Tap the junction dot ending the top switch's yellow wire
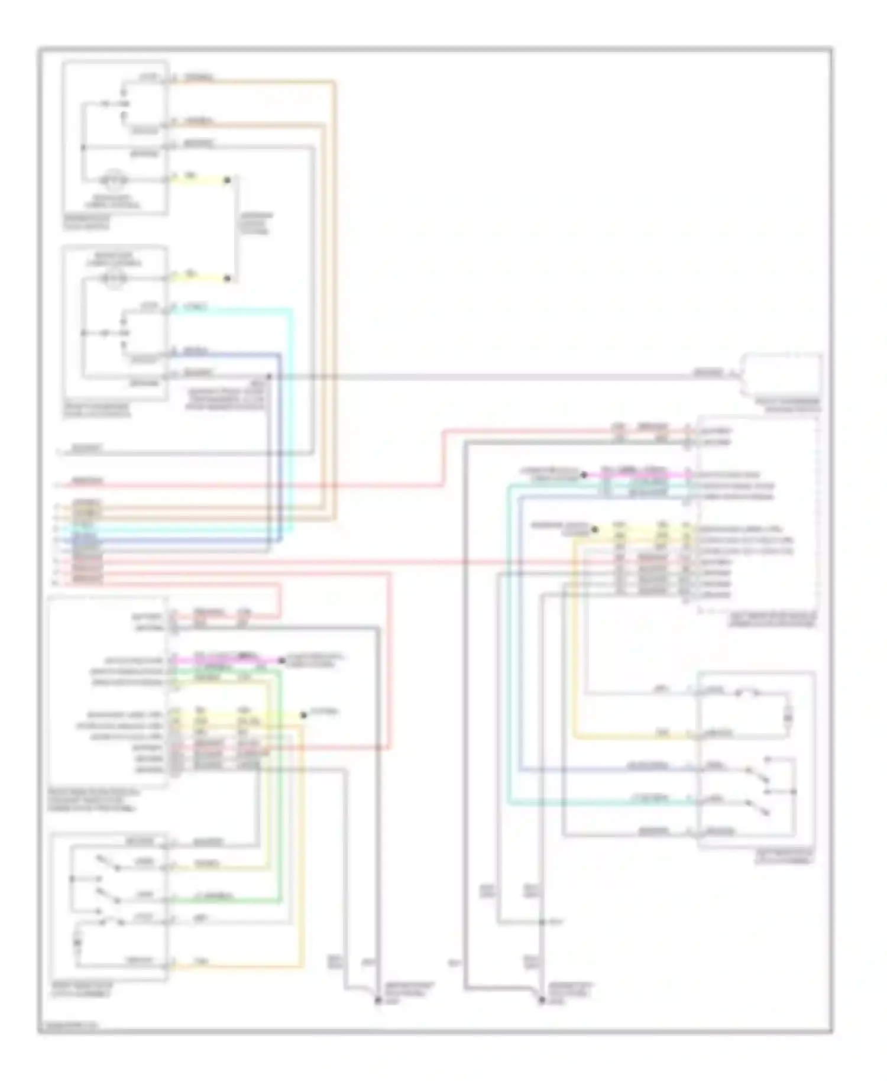227,179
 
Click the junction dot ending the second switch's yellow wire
227,278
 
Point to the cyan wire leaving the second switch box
237,309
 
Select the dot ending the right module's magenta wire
584,474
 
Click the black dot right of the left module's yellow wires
304,715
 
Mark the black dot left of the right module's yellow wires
594,530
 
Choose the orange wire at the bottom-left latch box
237,966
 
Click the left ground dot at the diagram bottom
377,1001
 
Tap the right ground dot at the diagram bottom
541,1001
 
